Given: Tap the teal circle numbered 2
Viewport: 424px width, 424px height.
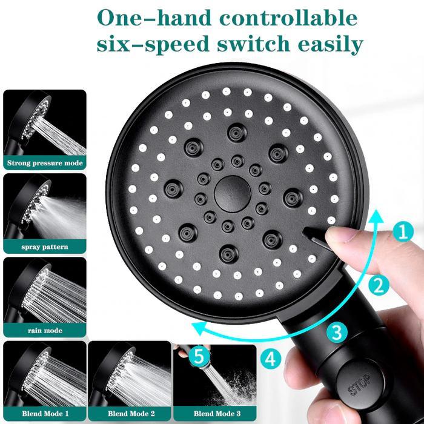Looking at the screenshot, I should pyautogui.click(x=377, y=284).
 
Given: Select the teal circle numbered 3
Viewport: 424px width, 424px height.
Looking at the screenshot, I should pyautogui.click(x=337, y=331).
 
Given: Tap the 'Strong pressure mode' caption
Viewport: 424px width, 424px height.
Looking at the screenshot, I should pyautogui.click(x=45, y=163).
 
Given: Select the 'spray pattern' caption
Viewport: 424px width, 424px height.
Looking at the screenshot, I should pyautogui.click(x=45, y=247).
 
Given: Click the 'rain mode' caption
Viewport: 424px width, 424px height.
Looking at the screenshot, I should pyautogui.click(x=45, y=330).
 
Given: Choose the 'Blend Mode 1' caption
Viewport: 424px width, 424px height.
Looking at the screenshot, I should pyautogui.click(x=45, y=414).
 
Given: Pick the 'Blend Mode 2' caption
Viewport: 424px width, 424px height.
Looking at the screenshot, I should pyautogui.click(x=129, y=414).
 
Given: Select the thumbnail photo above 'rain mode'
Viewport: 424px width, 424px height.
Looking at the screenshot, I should pyautogui.click(x=45, y=291).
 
